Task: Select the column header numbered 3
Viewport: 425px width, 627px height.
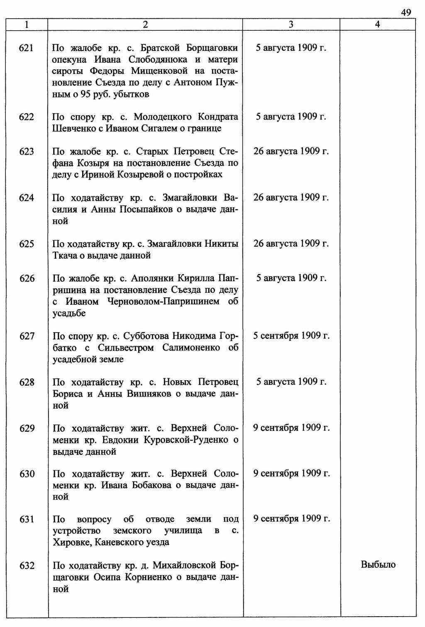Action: click(291, 24)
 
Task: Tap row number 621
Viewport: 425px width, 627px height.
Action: click(27, 48)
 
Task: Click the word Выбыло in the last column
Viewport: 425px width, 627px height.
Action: click(378, 565)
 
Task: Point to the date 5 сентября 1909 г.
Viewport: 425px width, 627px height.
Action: click(291, 336)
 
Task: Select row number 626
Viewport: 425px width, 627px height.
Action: click(27, 278)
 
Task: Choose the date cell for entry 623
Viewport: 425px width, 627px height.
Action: click(291, 151)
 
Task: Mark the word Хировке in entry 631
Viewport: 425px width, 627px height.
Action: click(71, 542)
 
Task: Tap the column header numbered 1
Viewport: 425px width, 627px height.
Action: click(27, 24)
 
